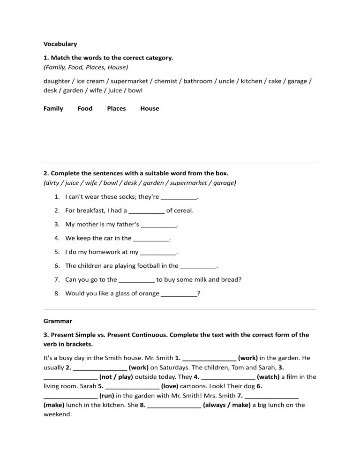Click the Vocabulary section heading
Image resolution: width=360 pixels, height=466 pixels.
coord(60,44)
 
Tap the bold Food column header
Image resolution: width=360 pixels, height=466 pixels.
coord(85,108)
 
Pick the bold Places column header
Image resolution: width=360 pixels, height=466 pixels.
coord(116,108)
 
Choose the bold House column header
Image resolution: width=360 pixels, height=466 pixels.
coord(150,108)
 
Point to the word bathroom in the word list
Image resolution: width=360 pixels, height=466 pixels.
coord(198,81)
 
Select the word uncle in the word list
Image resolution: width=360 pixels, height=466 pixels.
coord(227,81)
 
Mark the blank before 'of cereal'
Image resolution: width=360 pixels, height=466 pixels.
coord(146,210)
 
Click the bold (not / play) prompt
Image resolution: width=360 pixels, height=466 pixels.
coord(116,376)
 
